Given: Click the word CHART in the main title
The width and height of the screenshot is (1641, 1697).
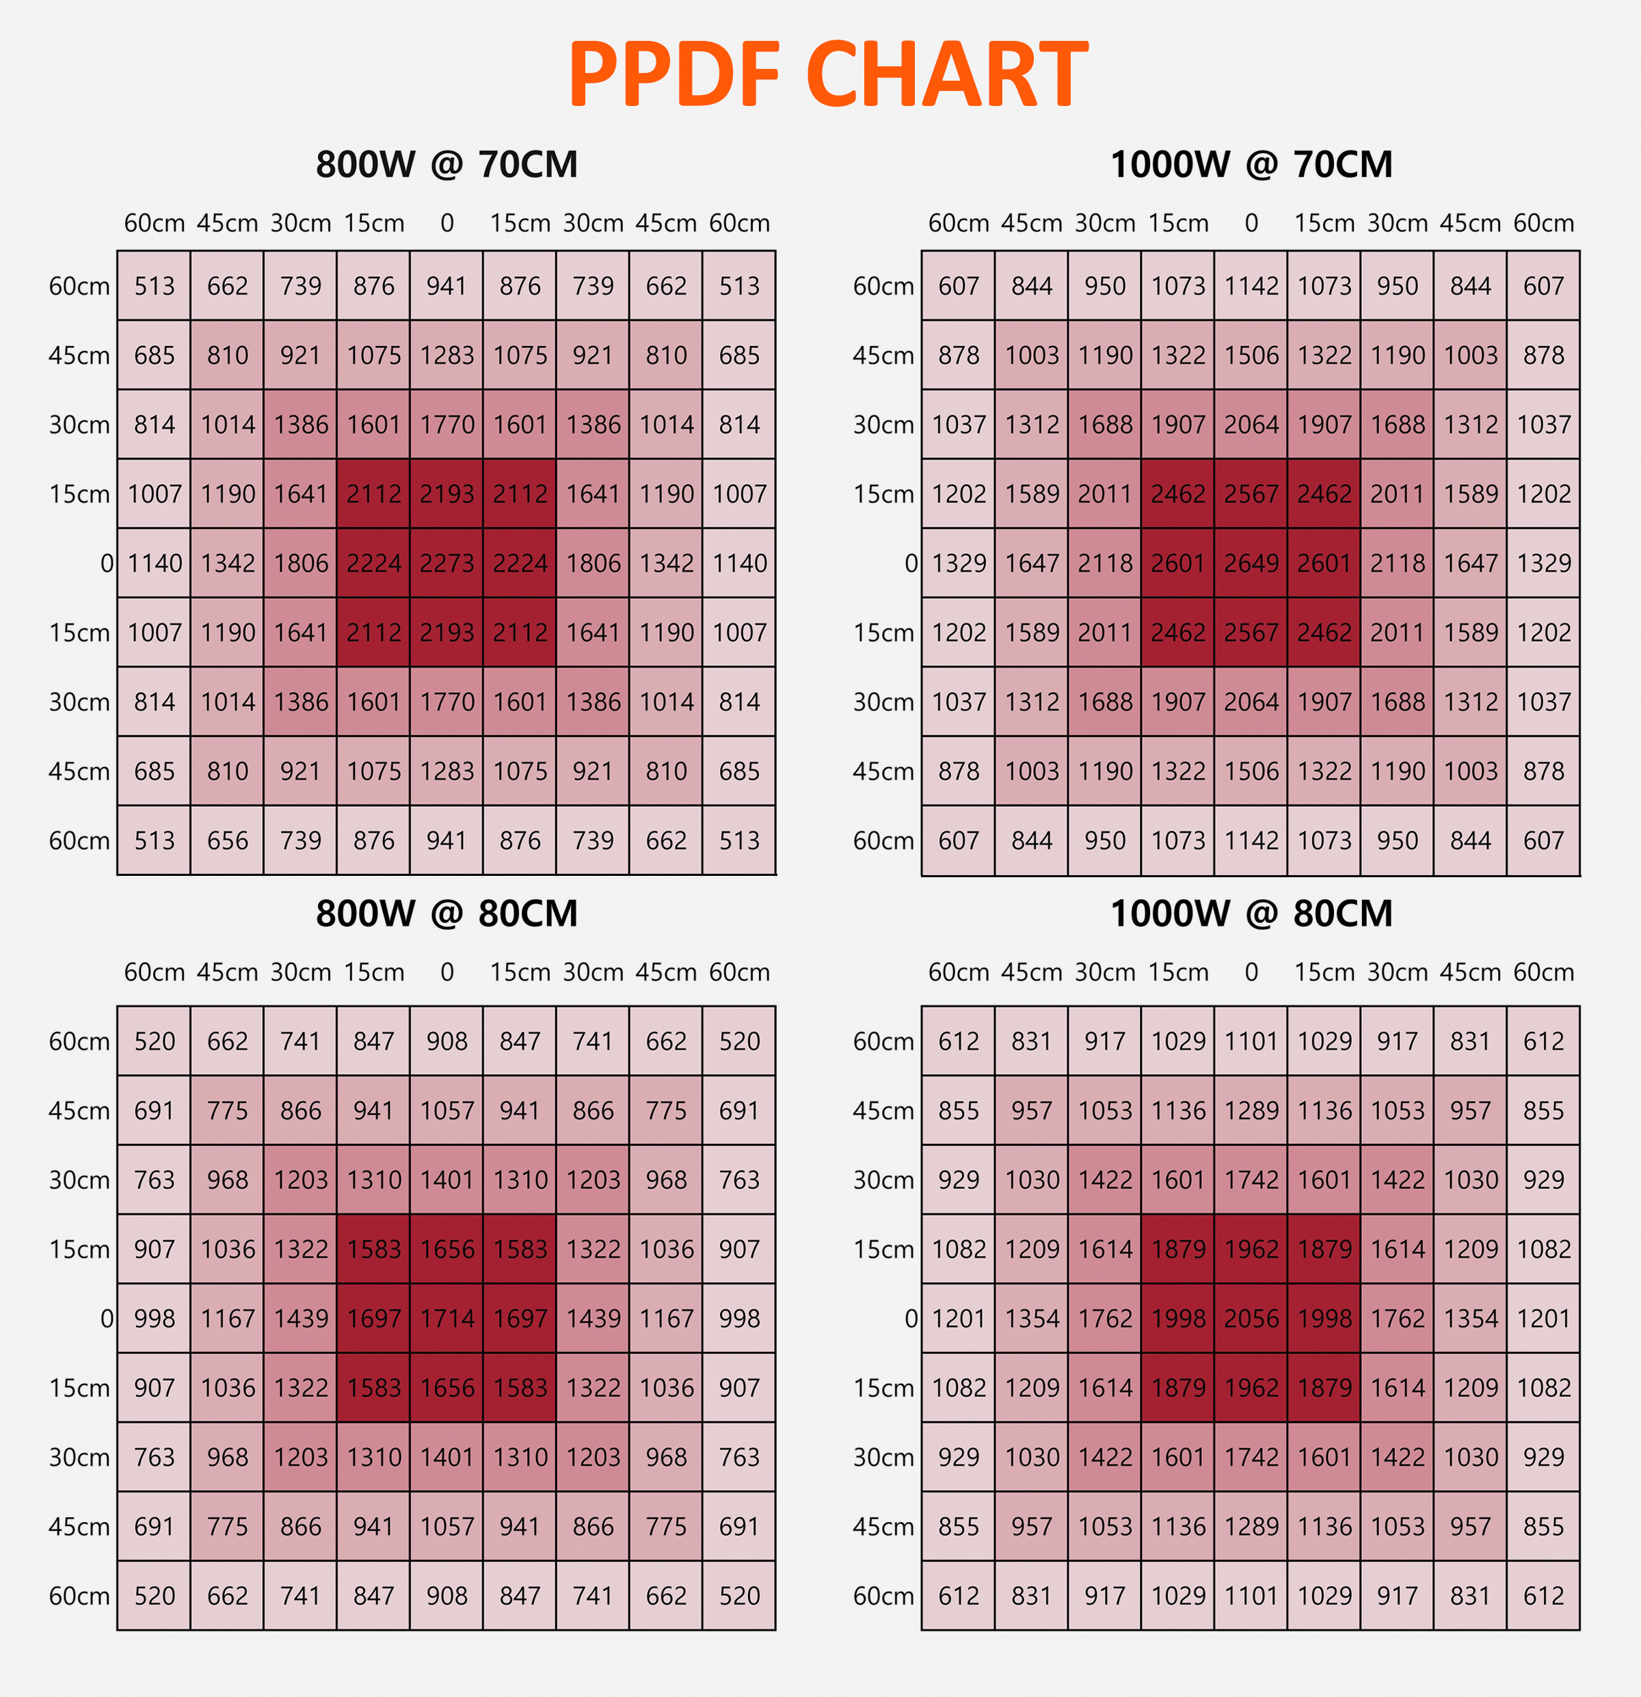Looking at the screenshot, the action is pos(946,75).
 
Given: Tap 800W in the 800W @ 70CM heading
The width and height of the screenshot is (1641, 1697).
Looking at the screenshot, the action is pos(365,165).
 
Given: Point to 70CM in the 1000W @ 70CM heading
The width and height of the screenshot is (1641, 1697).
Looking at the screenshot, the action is pos(1342,165).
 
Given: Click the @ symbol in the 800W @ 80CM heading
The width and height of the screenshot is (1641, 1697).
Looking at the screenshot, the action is pos(447,914).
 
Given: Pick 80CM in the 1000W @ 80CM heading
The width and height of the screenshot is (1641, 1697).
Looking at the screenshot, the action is pos(1342,914).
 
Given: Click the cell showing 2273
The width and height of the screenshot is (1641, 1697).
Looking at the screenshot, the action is pos(447,563).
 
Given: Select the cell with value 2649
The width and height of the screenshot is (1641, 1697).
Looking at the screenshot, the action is pos(1251,563).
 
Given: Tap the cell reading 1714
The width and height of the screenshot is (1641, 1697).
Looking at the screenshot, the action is pos(447,1318).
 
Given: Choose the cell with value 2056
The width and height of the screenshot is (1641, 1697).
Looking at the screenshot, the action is pos(1251,1318).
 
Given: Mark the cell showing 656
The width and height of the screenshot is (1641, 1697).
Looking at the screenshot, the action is pos(228,840).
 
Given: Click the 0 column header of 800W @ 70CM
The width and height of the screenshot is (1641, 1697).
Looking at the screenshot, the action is pos(447,224).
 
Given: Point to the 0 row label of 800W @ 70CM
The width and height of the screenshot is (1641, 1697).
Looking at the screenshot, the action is pos(107,563).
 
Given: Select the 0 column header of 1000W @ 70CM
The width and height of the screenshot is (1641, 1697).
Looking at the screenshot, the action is pos(1251,224).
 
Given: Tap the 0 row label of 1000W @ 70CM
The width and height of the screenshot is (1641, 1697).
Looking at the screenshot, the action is pos(911,563).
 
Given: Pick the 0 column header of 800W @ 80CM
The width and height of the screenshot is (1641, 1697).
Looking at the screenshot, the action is pos(447,972).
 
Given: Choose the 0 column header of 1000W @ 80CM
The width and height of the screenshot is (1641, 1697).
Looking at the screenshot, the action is pos(1251,972).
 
